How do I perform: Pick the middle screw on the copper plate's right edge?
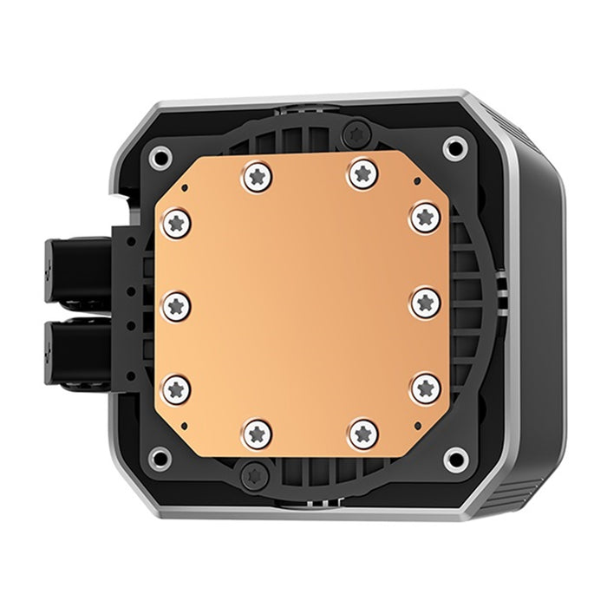(x=425, y=303)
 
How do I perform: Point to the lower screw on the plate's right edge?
(x=425, y=387)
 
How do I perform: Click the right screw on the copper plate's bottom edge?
(x=363, y=431)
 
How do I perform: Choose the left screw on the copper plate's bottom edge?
(x=257, y=431)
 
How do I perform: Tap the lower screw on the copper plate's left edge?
(x=177, y=388)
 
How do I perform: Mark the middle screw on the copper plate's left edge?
(x=177, y=304)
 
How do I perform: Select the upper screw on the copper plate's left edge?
(x=177, y=223)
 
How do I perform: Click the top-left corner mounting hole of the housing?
(x=160, y=157)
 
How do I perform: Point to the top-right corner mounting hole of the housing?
(x=454, y=147)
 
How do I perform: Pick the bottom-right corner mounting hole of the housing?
(x=454, y=457)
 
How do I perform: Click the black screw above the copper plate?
(x=354, y=133)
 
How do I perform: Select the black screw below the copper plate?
(x=253, y=473)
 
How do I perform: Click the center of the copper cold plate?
(x=301, y=303)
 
